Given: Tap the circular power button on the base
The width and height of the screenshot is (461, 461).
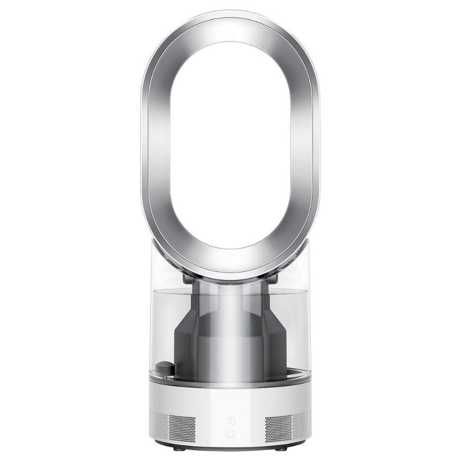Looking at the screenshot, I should pyautogui.click(x=230, y=434).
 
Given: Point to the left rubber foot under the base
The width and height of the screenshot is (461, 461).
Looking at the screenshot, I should pyautogui.click(x=179, y=449).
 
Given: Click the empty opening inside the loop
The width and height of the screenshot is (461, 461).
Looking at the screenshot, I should pyautogui.click(x=230, y=138).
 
